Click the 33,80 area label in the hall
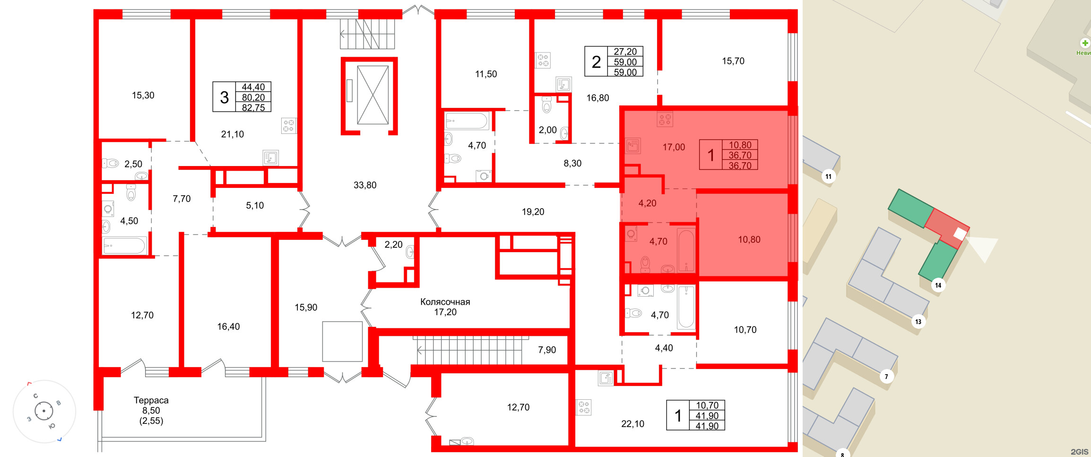(x=365, y=185)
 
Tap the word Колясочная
(x=445, y=302)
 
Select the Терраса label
(x=151, y=400)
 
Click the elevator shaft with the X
(x=372, y=95)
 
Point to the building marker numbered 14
(x=938, y=285)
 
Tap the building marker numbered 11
(x=828, y=176)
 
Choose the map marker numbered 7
(x=886, y=377)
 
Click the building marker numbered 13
(x=918, y=322)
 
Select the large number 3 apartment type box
(x=224, y=97)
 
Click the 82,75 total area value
(x=253, y=107)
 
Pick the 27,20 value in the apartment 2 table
(x=625, y=52)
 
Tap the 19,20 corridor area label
(x=533, y=211)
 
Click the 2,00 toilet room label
(x=547, y=130)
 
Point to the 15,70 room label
(x=733, y=61)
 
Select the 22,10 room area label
(x=632, y=424)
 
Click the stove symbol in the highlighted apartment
(x=665, y=119)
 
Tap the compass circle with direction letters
(x=44, y=411)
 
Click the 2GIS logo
(x=1079, y=452)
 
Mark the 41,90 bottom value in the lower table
(x=707, y=426)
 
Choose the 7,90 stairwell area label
(x=547, y=350)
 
